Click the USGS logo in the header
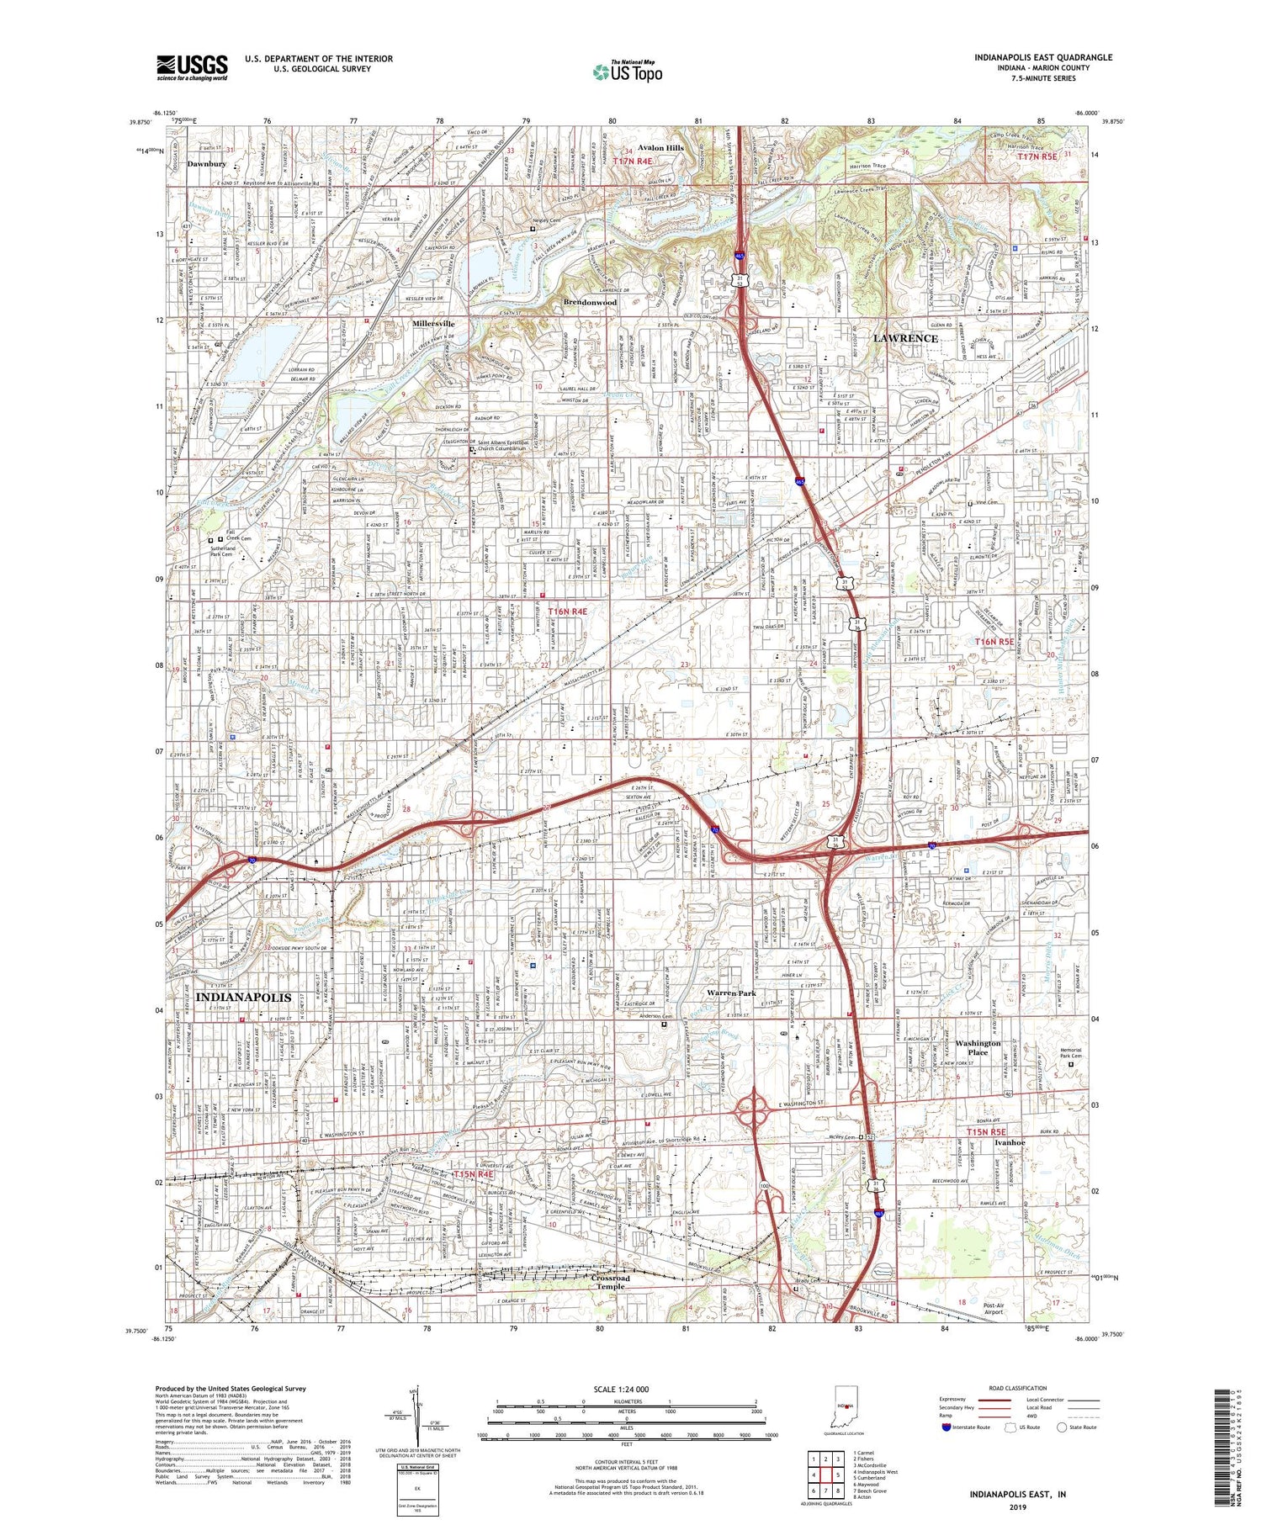pyautogui.click(x=192, y=67)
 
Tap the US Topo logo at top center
pyautogui.click(x=627, y=71)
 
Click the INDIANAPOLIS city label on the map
pyautogui.click(x=243, y=997)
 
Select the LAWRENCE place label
pyautogui.click(x=905, y=338)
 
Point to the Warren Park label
pyautogui.click(x=731, y=993)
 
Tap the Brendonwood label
pyautogui.click(x=590, y=302)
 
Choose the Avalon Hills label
pyautogui.click(x=660, y=148)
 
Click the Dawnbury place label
pyautogui.click(x=206, y=164)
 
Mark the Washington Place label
pyautogui.click(x=978, y=1047)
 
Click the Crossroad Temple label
pyautogui.click(x=611, y=1283)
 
